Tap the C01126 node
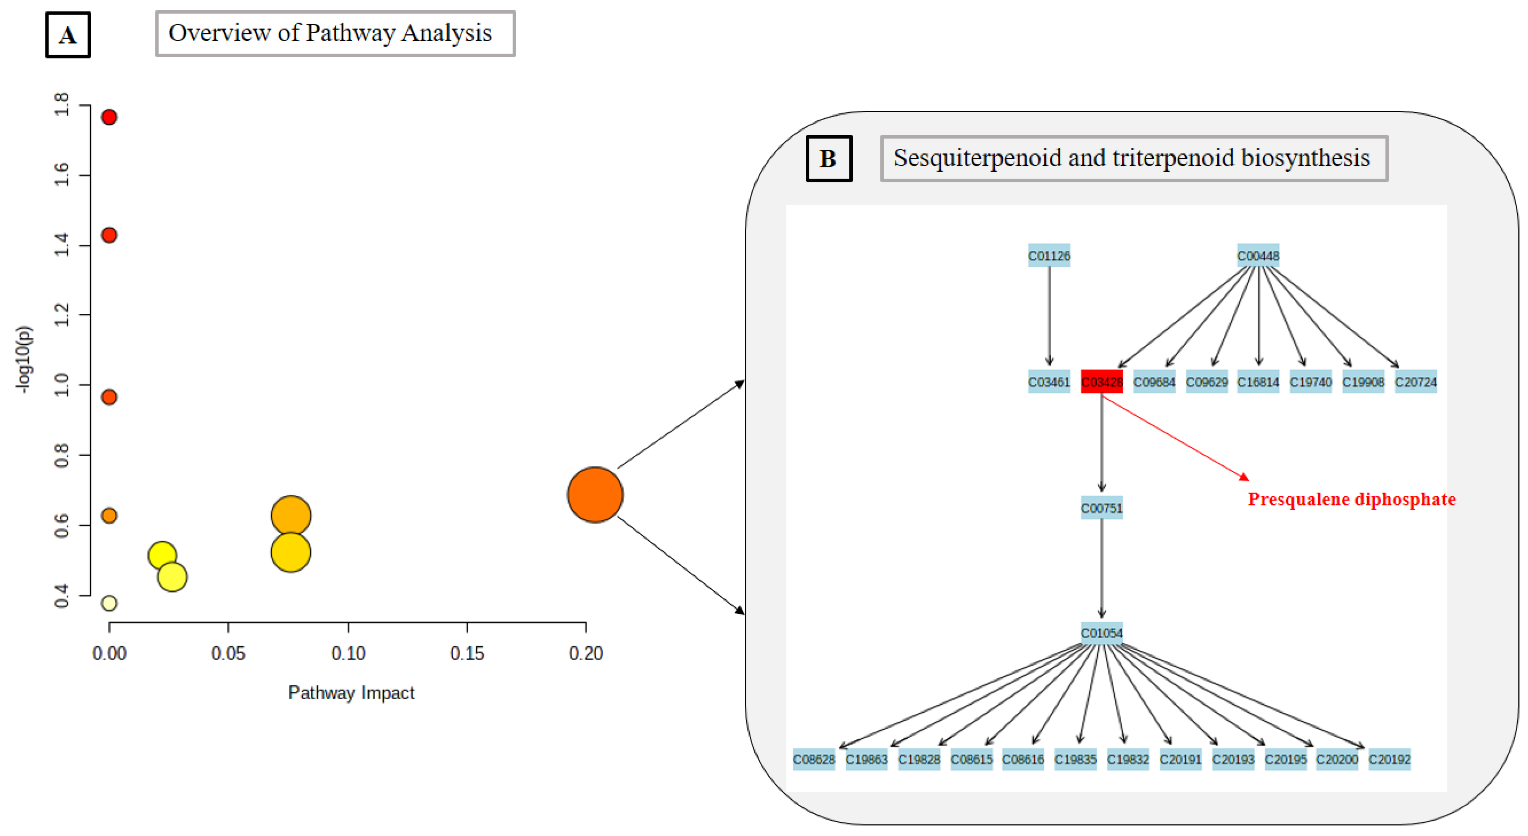coord(1049,256)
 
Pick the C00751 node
coord(1102,508)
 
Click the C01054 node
coord(1102,633)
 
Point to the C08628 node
coord(814,759)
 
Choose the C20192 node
coord(1389,759)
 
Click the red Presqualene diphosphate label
coord(1351,499)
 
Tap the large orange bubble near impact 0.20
coord(595,494)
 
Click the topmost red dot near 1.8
coord(109,117)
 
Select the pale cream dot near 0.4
coord(109,603)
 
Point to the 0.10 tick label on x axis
coord(348,653)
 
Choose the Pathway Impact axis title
coord(351,692)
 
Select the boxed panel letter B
coord(828,158)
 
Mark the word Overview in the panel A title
coord(219,33)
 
